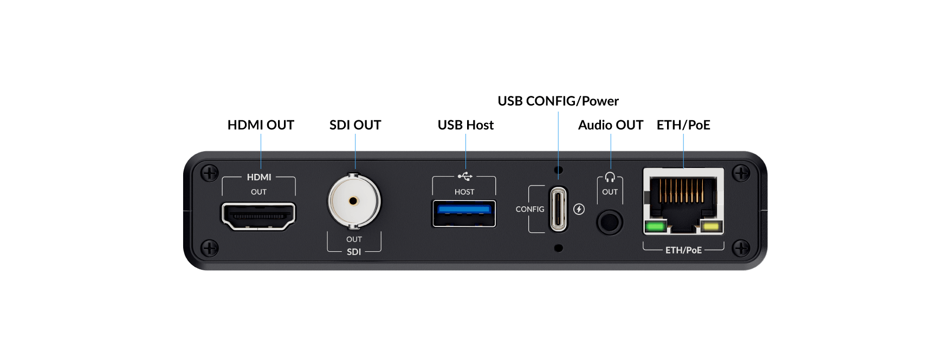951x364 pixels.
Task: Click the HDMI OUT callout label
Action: pos(261,125)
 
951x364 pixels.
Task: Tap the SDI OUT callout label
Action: pos(355,125)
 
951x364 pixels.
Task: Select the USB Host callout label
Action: pos(465,125)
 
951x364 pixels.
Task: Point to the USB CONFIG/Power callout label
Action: pos(558,101)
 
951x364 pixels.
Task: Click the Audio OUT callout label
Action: pos(611,125)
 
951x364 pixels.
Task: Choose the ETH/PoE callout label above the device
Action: pos(683,125)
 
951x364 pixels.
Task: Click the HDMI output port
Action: pos(258,216)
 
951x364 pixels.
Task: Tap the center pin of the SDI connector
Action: pos(353,201)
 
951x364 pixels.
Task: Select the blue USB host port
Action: pos(464,213)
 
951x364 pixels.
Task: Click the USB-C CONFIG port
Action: pos(558,209)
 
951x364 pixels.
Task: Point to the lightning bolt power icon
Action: pos(579,209)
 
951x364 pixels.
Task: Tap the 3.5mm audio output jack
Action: pos(610,222)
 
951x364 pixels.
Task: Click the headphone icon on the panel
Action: pos(610,177)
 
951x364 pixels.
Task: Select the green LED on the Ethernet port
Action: pos(656,226)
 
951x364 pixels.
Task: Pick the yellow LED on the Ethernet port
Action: pos(710,226)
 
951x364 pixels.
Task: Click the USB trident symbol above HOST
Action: pos(465,176)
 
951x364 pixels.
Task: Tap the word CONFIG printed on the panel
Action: pos(530,209)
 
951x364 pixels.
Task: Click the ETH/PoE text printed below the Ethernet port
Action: pos(683,250)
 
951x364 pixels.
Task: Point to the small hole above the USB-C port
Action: pos(559,170)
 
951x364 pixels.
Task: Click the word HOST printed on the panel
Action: pos(464,192)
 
